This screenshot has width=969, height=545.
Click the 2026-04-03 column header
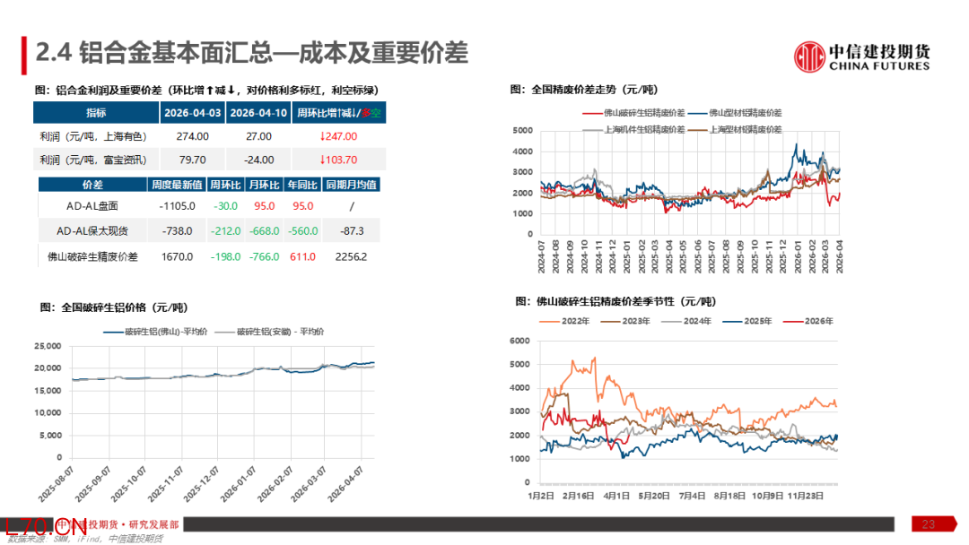click(192, 113)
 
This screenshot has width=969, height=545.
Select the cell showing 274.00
click(192, 136)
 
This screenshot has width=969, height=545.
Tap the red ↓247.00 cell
click(338, 136)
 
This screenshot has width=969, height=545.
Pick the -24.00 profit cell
click(258, 160)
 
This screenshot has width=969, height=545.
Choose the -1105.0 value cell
click(176, 207)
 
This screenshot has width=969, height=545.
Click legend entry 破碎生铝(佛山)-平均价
click(166, 332)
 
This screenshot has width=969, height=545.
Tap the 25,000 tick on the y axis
click(47, 346)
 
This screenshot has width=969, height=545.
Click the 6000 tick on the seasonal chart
click(522, 341)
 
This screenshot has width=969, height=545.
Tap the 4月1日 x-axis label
click(615, 495)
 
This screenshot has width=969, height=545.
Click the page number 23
click(929, 523)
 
